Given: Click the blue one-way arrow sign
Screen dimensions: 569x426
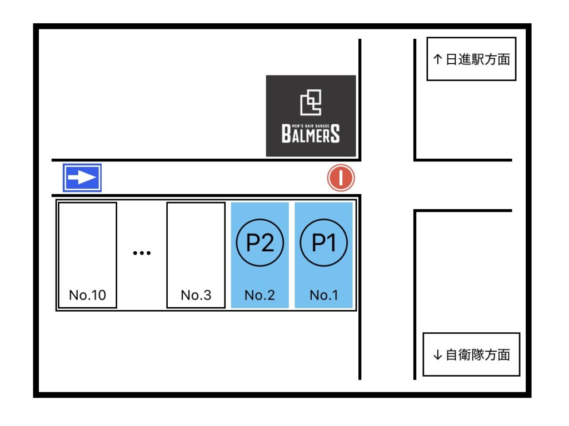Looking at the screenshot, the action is [82, 177].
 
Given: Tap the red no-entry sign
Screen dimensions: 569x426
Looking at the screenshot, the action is [341, 178].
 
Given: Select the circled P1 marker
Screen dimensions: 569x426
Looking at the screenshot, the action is [324, 242].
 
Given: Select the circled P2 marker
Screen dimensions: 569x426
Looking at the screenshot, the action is [260, 242].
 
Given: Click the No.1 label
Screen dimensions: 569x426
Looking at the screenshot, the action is [324, 295].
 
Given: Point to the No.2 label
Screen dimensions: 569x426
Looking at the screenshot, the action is [260, 295].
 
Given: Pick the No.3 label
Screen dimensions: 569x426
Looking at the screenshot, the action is [196, 295].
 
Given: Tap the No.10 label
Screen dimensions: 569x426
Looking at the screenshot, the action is [87, 295].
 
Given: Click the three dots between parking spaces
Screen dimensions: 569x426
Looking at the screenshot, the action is [142, 253].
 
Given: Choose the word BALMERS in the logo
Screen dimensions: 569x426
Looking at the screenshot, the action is [311, 134].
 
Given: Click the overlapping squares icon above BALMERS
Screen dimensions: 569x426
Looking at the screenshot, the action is [311, 102].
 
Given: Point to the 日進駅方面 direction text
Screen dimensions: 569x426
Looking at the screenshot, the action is [477, 59].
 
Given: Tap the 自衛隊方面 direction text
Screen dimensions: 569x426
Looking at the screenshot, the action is [477, 354].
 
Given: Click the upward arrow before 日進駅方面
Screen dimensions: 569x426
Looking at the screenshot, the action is [438, 59].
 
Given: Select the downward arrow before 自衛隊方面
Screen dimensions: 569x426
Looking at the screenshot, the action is [438, 354].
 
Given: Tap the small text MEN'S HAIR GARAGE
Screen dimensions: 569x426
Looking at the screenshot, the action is [311, 126].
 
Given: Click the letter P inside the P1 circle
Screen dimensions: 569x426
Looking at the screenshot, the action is [318, 242].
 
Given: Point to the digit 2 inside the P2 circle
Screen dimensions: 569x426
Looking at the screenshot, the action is [267, 242].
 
